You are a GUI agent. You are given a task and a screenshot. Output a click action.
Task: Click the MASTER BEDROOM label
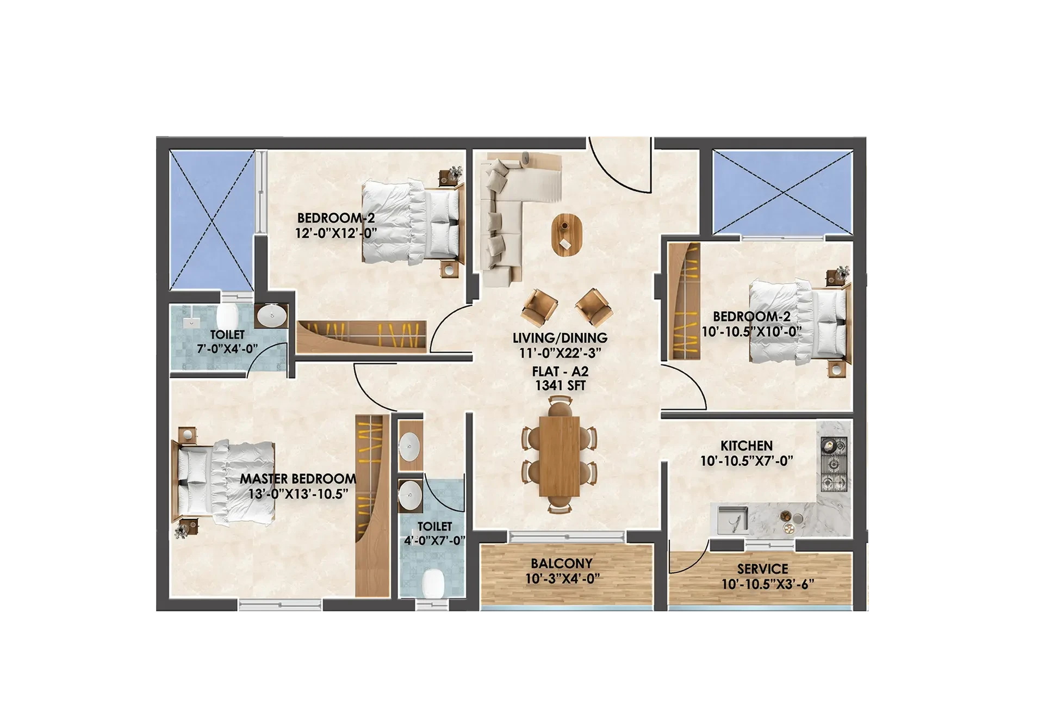(x=298, y=479)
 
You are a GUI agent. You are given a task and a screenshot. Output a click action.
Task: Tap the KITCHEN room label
(x=747, y=446)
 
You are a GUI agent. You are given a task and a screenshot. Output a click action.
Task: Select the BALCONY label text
(x=562, y=563)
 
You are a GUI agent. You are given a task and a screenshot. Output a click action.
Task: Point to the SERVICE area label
(x=762, y=569)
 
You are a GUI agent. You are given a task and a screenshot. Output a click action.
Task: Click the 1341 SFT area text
(x=561, y=386)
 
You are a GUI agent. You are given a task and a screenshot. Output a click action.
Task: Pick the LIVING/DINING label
(x=560, y=338)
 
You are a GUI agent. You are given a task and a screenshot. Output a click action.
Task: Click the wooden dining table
(x=560, y=456)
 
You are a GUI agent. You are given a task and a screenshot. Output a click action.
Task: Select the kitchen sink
(x=732, y=520)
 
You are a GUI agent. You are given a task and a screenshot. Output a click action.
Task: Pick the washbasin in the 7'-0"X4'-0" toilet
(x=271, y=316)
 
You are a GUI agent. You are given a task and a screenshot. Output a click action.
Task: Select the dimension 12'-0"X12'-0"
(x=336, y=233)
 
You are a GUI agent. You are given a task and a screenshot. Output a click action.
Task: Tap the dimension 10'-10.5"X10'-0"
(x=752, y=331)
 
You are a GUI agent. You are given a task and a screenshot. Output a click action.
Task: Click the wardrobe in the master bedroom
(x=372, y=506)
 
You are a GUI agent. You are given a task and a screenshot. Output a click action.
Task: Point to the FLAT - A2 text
(x=561, y=372)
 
